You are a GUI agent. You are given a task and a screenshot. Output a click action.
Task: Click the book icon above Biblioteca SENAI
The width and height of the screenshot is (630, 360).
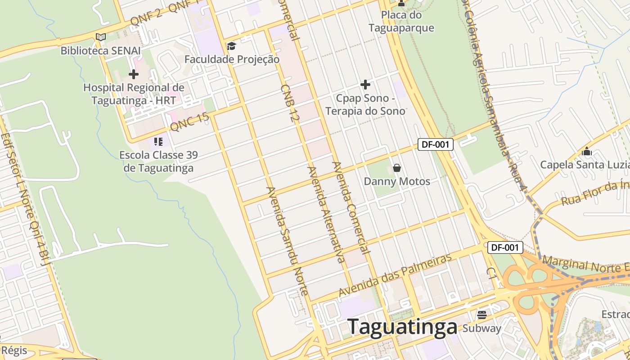coord(101,37)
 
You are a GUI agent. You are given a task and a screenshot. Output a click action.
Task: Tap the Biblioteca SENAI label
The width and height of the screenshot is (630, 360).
coord(100,50)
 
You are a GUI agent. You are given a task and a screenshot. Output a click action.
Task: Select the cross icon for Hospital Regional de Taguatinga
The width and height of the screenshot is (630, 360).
coord(134,74)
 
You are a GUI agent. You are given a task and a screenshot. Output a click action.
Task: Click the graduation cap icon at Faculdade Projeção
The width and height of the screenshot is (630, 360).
coord(231,46)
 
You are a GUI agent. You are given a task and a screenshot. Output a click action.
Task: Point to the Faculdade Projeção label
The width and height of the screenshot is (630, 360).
coord(232,59)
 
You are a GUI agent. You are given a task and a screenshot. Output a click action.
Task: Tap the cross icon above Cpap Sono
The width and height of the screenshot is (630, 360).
coord(365,84)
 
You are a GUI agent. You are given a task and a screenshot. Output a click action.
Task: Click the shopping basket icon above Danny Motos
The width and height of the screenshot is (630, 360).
coord(397,168)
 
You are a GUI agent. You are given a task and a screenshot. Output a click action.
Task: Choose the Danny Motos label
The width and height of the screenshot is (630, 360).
coord(397,181)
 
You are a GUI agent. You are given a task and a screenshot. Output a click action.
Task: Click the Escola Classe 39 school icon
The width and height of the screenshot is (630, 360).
coord(158,142)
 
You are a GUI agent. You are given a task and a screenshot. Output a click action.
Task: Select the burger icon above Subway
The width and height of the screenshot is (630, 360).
coord(482,315)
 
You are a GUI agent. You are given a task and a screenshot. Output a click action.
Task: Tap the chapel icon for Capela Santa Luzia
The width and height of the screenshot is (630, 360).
coord(586,151)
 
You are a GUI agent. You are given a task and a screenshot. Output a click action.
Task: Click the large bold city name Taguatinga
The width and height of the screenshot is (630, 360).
coord(403,327)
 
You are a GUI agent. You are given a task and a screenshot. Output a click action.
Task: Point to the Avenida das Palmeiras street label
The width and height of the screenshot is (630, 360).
coord(395,275)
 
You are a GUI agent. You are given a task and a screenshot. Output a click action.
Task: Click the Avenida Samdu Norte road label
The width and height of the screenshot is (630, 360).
coord(287,241)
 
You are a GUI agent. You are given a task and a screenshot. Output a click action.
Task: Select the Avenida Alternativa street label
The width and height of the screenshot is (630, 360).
coord(326,214)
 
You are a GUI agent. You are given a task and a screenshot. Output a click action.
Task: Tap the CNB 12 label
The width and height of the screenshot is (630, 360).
coord(290,103)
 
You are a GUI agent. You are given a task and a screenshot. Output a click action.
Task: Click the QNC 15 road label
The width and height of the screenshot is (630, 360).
coord(189,121)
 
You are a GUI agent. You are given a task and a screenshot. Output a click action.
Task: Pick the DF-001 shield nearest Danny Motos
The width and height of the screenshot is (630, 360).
coord(435,144)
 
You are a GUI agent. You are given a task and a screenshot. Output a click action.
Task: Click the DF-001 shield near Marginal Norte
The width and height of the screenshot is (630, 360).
coord(505,247)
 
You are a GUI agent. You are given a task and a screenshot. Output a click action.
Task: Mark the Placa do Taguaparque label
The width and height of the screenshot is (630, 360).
coord(401,21)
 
